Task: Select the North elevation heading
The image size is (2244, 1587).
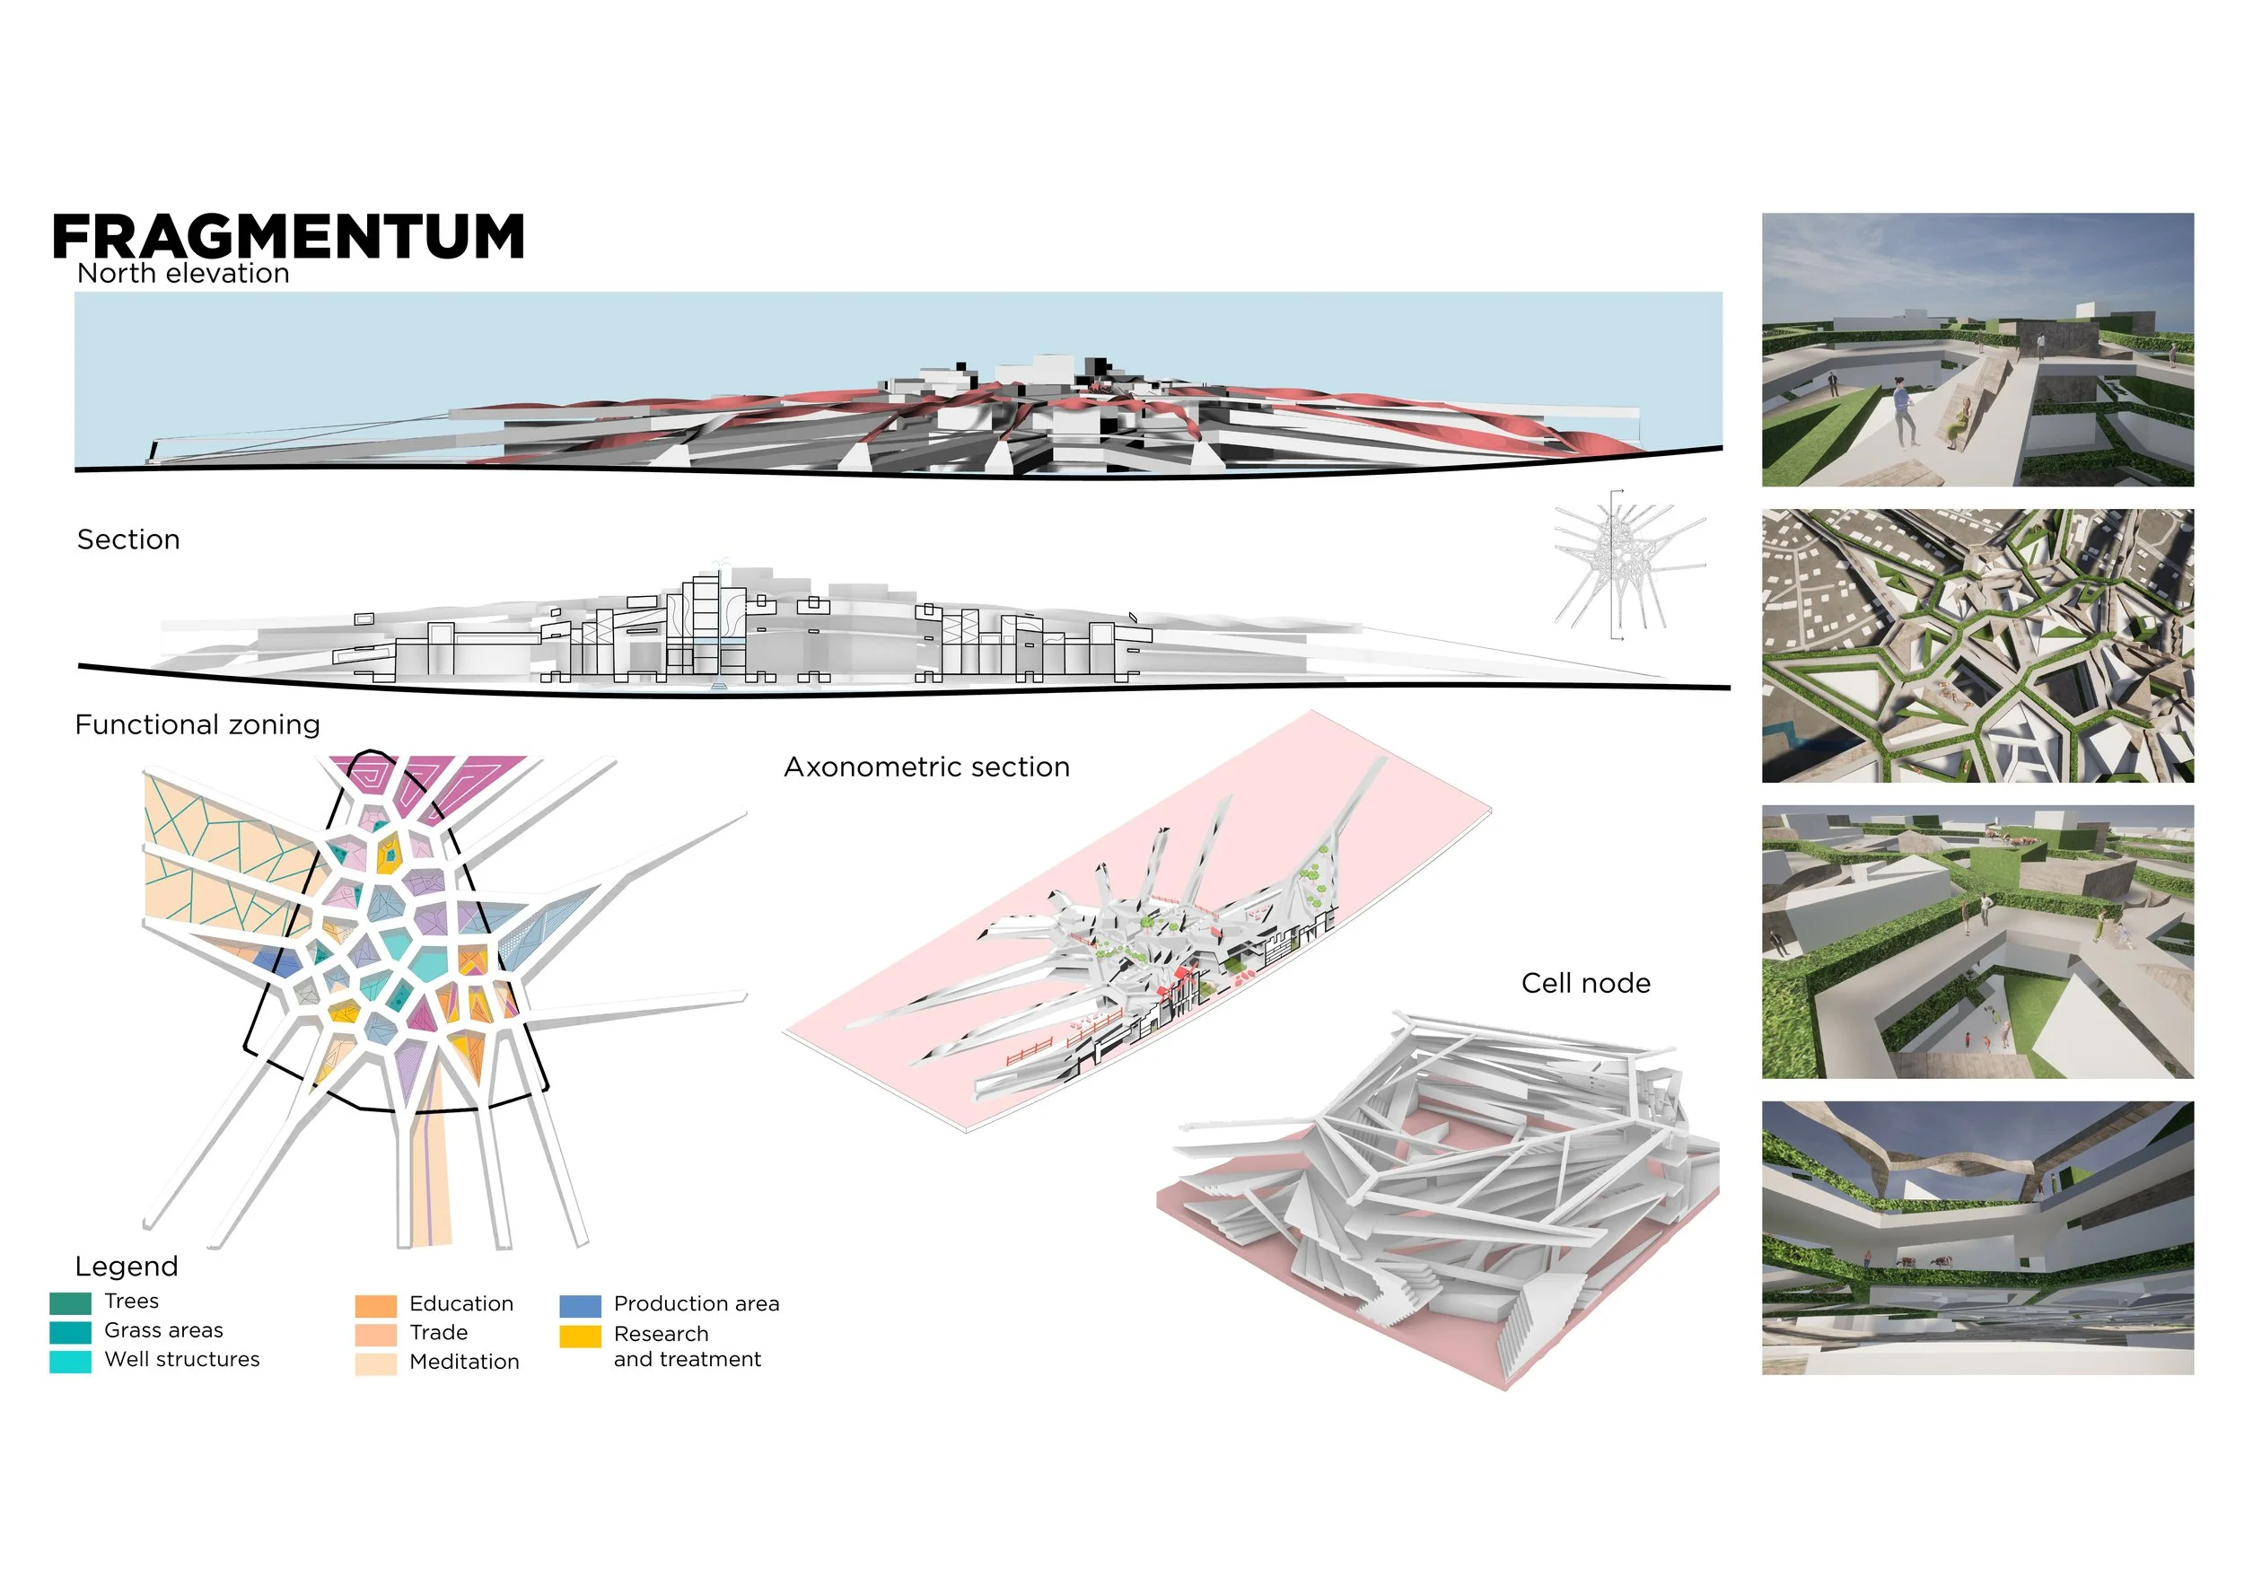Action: point(183,274)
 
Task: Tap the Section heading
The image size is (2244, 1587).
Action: point(128,539)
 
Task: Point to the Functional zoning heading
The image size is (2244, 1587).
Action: point(197,724)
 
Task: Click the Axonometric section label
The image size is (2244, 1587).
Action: point(926,767)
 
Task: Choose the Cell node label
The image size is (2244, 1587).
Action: point(1585,983)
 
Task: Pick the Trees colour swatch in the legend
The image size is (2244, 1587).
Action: point(70,1302)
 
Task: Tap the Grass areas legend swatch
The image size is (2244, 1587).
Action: point(70,1332)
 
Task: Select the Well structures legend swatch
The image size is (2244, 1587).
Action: point(70,1362)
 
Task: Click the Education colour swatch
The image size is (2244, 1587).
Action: point(375,1305)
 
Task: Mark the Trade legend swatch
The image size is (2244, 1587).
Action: point(375,1334)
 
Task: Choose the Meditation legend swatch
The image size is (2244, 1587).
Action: point(375,1363)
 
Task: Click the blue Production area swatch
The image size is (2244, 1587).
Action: point(580,1305)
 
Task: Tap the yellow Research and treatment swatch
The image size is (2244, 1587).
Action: point(580,1336)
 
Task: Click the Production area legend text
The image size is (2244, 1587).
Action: point(696,1303)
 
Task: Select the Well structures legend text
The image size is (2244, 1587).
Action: point(182,1359)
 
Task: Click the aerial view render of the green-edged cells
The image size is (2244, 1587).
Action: point(1977,646)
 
